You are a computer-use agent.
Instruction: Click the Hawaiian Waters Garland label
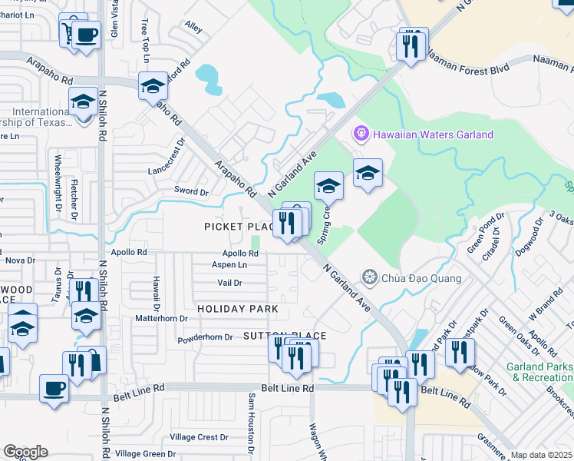(433, 134)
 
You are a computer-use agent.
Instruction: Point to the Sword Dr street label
(192, 191)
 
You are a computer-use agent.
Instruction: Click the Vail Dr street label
(230, 283)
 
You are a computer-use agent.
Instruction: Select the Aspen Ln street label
(229, 264)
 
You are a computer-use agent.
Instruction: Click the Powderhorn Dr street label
(204, 337)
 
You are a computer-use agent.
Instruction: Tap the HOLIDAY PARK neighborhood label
(237, 309)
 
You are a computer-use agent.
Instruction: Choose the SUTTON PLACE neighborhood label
(285, 336)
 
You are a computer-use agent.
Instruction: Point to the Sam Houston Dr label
(251, 422)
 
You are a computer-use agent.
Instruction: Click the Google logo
(25, 452)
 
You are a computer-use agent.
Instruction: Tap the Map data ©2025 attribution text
(542, 455)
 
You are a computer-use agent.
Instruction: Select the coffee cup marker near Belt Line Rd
(54, 387)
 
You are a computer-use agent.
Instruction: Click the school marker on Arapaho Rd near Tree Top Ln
(153, 85)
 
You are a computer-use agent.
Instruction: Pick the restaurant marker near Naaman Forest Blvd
(412, 45)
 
